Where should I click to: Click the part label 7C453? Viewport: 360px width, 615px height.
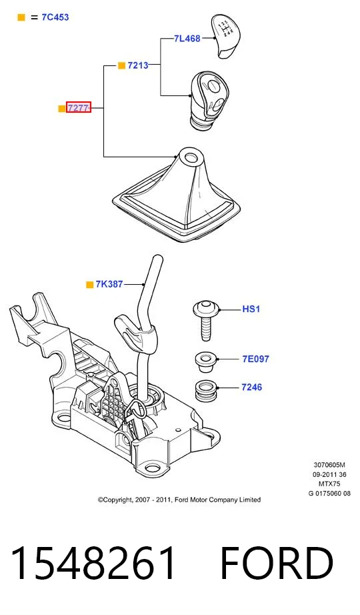click(55, 17)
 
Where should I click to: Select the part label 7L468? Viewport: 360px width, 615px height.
click(187, 39)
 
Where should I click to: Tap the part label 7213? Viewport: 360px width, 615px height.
click(138, 65)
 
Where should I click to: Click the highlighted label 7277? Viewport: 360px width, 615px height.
click(79, 107)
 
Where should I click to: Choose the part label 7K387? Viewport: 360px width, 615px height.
click(109, 284)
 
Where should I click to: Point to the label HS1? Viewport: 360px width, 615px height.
click(251, 309)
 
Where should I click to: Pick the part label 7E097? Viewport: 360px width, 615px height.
click(256, 359)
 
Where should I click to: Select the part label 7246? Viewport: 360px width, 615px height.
click(252, 387)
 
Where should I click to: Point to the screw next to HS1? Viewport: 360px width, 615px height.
click(206, 320)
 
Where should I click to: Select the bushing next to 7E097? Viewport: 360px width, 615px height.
click(206, 362)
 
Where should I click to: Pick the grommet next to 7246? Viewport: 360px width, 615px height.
click(206, 390)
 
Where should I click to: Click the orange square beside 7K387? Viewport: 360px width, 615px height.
click(90, 285)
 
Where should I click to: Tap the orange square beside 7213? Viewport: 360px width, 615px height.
click(121, 65)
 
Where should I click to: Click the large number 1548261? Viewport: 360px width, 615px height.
click(93, 562)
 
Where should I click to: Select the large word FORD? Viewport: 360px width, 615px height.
click(277, 562)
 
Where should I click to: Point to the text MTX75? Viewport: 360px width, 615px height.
click(329, 484)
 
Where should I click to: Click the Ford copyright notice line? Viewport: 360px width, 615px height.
click(179, 500)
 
